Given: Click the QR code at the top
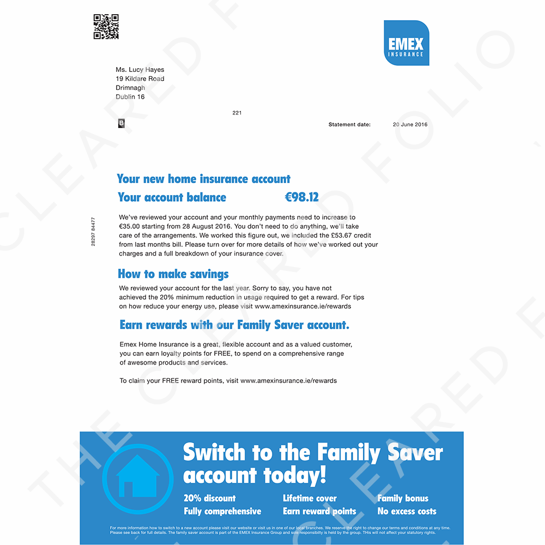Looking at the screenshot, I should (106, 27).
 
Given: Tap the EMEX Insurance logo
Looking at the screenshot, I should (406, 43).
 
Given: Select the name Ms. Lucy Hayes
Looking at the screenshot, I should (140, 70).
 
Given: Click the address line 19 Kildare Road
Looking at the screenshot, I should (140, 78).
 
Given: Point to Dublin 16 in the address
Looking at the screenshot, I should (130, 96).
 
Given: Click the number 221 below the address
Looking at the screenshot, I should (237, 113).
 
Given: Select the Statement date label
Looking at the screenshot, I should (349, 125).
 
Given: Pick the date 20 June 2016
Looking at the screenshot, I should (410, 125).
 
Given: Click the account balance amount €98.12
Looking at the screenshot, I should (302, 197).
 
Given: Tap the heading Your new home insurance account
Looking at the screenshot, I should (204, 179).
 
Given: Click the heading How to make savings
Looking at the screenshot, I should (173, 274).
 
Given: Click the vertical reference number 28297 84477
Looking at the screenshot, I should (93, 232).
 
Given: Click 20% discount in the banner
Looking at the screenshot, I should (210, 498).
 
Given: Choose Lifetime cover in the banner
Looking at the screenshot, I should (310, 498).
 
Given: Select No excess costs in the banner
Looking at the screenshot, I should (407, 511).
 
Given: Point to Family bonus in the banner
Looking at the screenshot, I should (403, 498).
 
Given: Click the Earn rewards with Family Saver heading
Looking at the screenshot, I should (234, 325).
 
